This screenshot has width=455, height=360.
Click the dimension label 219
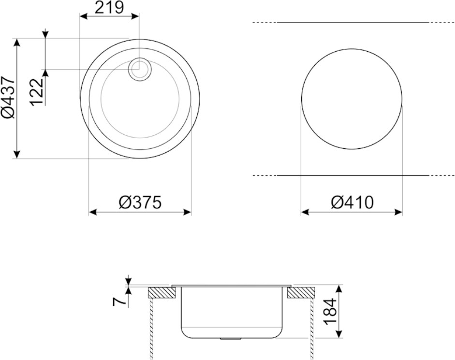click(x=109, y=7)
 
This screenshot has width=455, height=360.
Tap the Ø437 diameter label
click(x=8, y=98)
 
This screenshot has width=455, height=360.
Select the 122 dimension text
click(x=37, y=92)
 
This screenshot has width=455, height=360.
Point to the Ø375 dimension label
click(x=140, y=202)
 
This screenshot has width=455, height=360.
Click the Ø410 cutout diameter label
click(x=352, y=202)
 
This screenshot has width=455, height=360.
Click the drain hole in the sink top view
click(x=140, y=69)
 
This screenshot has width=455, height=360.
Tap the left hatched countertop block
click(x=162, y=293)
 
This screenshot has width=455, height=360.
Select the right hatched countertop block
click(x=301, y=293)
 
